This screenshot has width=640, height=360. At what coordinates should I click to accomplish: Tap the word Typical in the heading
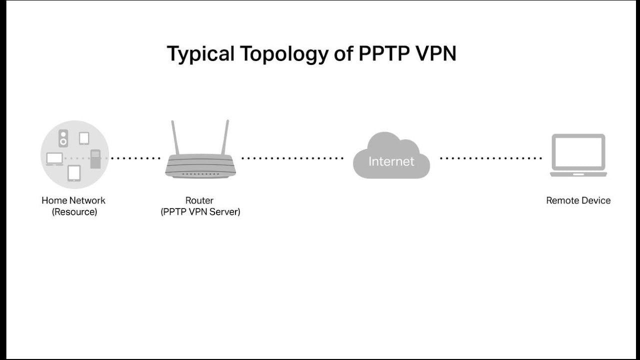[x=200, y=54]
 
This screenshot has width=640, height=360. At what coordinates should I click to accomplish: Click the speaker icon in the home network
[x=63, y=138]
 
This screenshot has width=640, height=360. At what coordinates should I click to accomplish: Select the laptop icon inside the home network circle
[x=54, y=159]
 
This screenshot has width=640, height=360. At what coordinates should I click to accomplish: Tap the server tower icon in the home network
[x=95, y=158]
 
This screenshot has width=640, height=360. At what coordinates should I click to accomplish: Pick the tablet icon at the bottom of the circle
[x=74, y=173]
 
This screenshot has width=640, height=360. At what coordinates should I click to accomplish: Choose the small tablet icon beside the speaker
[x=83, y=138]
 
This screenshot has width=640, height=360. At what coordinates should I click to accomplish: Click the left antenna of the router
[x=175, y=137]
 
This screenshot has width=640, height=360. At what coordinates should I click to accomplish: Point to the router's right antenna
[x=225, y=137]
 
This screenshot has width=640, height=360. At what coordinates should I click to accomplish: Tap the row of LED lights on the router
[x=200, y=173]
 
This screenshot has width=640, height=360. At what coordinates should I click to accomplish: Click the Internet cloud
[x=391, y=157]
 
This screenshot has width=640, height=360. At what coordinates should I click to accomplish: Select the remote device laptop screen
[x=578, y=152]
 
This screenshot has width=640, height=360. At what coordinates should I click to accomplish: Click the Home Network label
[x=73, y=200]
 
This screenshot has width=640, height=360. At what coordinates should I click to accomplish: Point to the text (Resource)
[x=74, y=212]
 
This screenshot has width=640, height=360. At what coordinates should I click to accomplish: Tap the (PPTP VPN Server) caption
[x=200, y=212]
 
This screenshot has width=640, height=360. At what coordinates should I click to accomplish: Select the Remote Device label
[x=578, y=200]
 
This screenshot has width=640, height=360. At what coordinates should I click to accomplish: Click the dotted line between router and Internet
[x=292, y=158]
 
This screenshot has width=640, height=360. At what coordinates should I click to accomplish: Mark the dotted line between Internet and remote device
[x=490, y=158]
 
